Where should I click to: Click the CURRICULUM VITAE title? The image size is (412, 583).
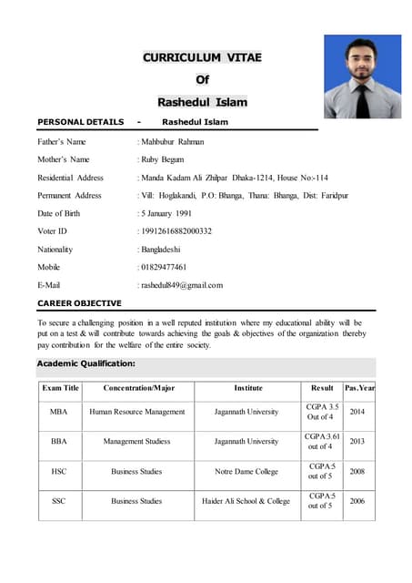click(202, 57)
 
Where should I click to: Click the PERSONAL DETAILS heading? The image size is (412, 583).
click(81, 122)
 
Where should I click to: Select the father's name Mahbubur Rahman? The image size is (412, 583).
click(172, 142)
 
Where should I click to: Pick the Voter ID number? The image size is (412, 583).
click(176, 231)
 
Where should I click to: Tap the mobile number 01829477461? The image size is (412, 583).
click(164, 267)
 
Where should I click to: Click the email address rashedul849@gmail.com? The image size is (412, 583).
click(181, 285)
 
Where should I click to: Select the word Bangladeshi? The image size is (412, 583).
click(161, 249)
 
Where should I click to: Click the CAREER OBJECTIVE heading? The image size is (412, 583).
click(79, 302)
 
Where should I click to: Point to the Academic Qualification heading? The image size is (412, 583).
click(86, 363)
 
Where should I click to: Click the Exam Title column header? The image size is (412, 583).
click(60, 388)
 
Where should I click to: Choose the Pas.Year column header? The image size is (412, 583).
click(359, 388)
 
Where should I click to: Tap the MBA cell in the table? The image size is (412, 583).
click(59, 412)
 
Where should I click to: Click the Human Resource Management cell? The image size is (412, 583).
click(136, 412)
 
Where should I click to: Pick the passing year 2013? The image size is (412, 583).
click(357, 441)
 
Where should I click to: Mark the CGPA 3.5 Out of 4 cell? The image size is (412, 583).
click(322, 412)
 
